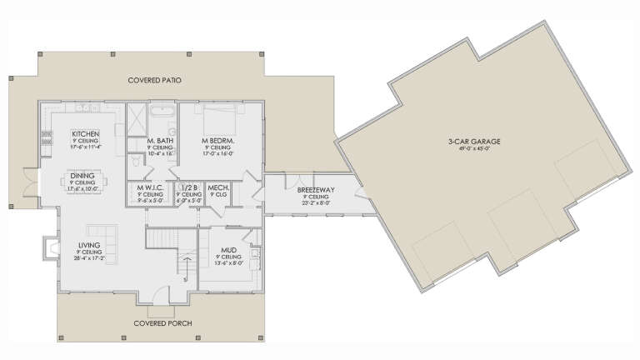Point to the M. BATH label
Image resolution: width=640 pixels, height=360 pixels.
click(x=159, y=141)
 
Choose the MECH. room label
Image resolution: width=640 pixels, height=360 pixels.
click(x=218, y=189)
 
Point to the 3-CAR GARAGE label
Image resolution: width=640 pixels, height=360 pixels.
click(x=474, y=142)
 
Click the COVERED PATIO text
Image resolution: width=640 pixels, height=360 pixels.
click(x=155, y=80)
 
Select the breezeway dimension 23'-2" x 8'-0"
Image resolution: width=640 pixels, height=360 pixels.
click(x=310, y=202)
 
